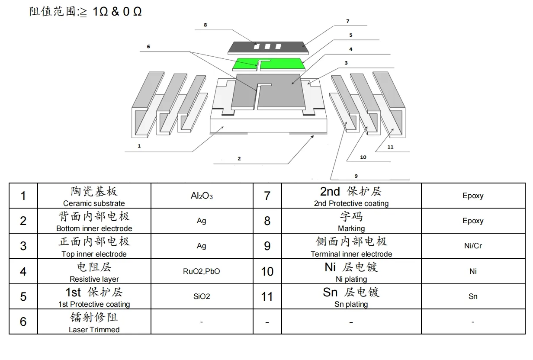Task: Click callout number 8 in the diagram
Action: pos(205,25)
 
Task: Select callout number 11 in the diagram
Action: pos(390,147)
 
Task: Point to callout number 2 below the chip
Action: pos(239,159)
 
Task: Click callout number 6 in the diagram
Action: pos(148,46)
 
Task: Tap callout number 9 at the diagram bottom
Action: pos(356,176)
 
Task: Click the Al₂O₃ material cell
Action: pos(202,196)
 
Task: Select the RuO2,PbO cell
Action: pos(202,271)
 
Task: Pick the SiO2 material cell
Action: pos(202,296)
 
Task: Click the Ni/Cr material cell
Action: pos(473,246)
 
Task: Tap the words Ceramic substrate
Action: pos(94,203)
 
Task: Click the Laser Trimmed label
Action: pos(94,330)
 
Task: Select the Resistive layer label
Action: pos(94,279)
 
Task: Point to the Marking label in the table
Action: pos(351,228)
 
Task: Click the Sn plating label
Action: pos(351,304)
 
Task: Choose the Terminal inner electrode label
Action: pos(351,254)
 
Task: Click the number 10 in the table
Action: pos(267,271)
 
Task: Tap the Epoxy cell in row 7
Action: pos(473,196)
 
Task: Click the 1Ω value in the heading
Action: pos(100,12)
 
